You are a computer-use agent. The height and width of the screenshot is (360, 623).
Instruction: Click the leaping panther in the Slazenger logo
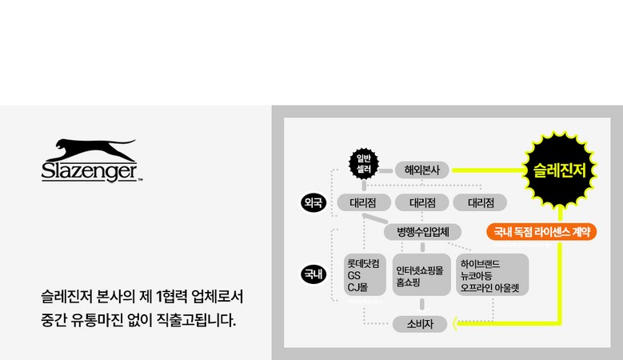tap(90, 151)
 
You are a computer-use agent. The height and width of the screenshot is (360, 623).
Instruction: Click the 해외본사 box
tap(423, 170)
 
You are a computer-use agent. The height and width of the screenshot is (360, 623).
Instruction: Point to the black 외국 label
tap(313, 202)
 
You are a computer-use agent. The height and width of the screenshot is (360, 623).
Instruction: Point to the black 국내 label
tap(313, 274)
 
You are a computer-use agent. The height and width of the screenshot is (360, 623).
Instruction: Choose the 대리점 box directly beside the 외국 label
tap(363, 202)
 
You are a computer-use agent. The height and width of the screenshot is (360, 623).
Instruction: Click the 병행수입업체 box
tap(423, 232)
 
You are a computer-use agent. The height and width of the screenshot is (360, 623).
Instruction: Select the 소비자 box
tap(420, 323)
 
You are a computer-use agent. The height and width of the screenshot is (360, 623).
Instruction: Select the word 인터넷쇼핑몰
tap(421, 269)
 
